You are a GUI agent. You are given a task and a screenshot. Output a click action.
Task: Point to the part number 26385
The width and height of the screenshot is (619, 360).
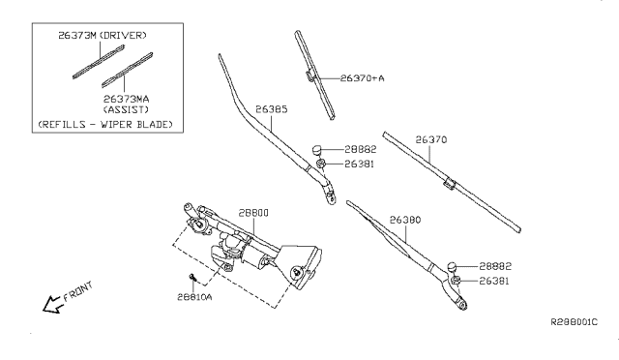(x=271, y=109)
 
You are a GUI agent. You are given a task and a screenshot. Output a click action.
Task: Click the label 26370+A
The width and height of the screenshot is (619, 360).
(x=362, y=79)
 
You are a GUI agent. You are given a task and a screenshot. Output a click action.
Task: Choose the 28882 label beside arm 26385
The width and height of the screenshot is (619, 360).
(x=361, y=150)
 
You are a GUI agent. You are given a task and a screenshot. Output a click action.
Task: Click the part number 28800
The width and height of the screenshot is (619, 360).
(x=227, y=212)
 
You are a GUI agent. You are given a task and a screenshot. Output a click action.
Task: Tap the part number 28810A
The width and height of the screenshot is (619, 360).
(x=196, y=299)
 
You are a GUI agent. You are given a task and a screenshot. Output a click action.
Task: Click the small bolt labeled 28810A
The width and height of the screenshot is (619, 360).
(x=194, y=281)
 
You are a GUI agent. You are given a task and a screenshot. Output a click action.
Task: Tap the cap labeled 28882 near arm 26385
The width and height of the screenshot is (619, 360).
(x=318, y=149)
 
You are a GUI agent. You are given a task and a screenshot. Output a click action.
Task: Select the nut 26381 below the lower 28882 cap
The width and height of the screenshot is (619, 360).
(x=456, y=282)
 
